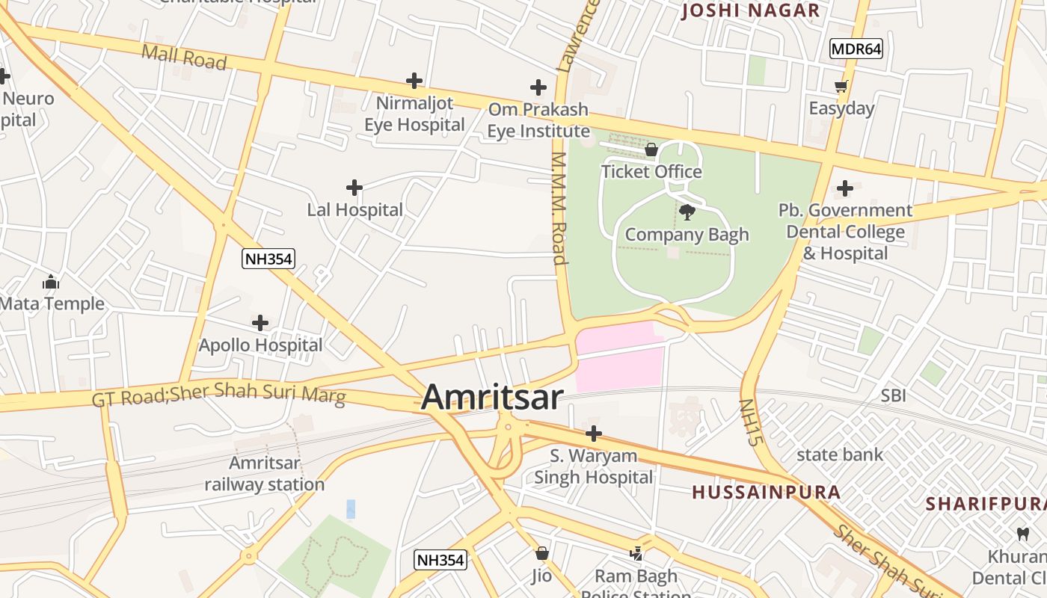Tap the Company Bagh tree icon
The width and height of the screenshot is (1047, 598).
tap(687, 212)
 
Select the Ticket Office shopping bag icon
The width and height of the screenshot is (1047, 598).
tap(651, 149)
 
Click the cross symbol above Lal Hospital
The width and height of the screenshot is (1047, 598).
tap(354, 188)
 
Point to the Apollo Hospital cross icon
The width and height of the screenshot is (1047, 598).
tap(260, 323)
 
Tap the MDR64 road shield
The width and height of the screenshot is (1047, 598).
tap(856, 49)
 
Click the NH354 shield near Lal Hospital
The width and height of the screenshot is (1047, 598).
tap(268, 259)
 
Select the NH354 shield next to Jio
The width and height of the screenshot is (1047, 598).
tap(440, 559)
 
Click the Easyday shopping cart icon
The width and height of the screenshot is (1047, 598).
tap(841, 87)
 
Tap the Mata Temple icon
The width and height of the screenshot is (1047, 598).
tap(51, 282)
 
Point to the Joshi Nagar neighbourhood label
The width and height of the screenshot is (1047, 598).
tap(751, 10)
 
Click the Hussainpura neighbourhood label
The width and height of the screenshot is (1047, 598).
tap(767, 492)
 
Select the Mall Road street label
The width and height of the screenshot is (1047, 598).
tap(184, 57)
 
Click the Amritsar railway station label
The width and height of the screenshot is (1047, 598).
tap(265, 473)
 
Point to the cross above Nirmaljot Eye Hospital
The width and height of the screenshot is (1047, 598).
tap(414, 81)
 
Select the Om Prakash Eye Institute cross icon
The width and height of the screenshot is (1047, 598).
tap(538, 87)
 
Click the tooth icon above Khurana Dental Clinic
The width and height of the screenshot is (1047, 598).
tap(1022, 534)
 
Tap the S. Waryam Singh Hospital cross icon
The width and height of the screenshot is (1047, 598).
tap(593, 434)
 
